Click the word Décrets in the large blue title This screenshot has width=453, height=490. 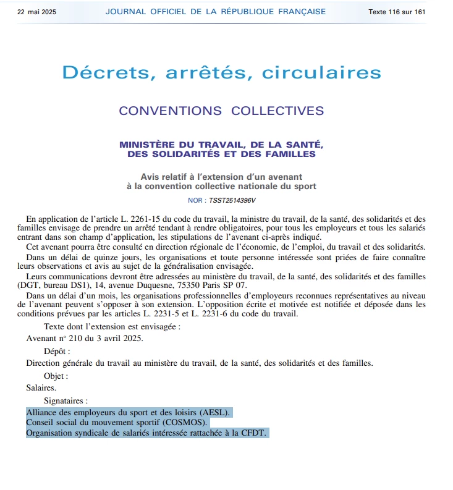pyautogui.click(x=108, y=72)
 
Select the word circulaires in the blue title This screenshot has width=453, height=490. pyautogui.click(x=321, y=72)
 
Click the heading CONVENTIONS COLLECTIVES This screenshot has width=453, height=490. pyautogui.click(x=221, y=111)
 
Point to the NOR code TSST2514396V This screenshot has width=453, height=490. pyautogui.click(x=232, y=201)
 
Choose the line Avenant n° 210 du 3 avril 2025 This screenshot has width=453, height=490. pyautogui.click(x=85, y=338)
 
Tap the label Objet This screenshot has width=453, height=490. pyautogui.click(x=56, y=376)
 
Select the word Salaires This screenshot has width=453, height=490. pyautogui.click(x=41, y=388)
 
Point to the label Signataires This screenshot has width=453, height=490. pyautogui.click(x=66, y=401)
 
